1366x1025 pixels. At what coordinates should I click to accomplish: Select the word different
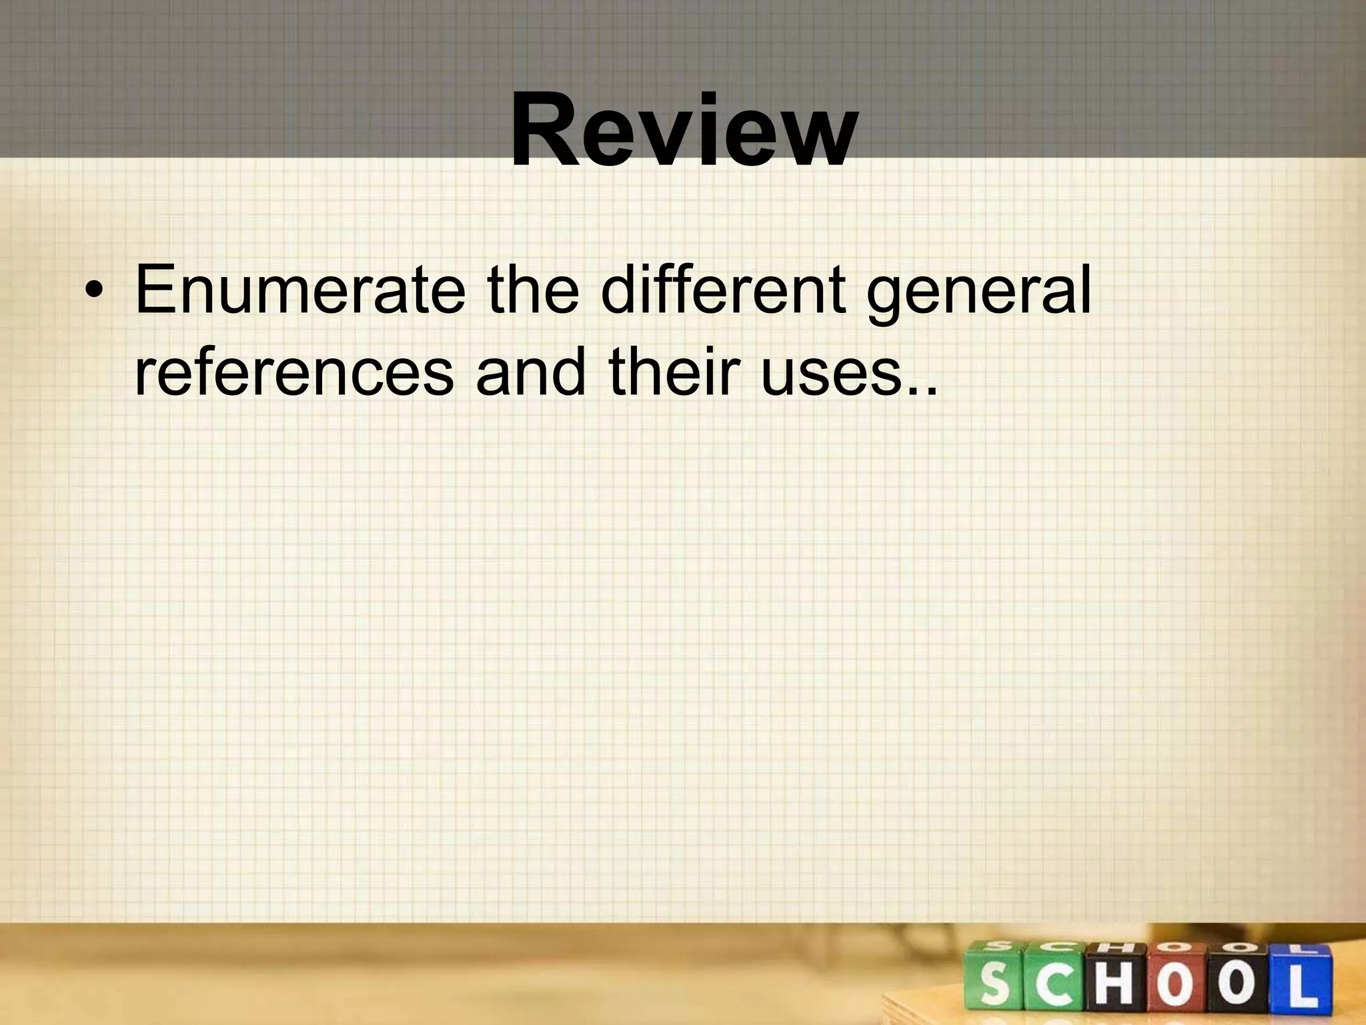click(722, 290)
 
